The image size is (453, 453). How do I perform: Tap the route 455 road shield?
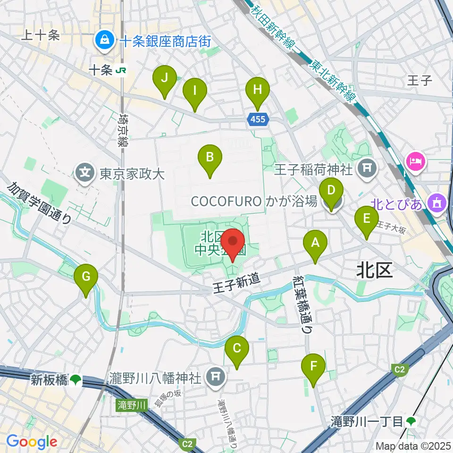258,120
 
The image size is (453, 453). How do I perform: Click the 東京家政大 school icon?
85,174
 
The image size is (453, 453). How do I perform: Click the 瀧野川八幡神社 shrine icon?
216,377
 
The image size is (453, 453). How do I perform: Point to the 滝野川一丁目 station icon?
411,420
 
